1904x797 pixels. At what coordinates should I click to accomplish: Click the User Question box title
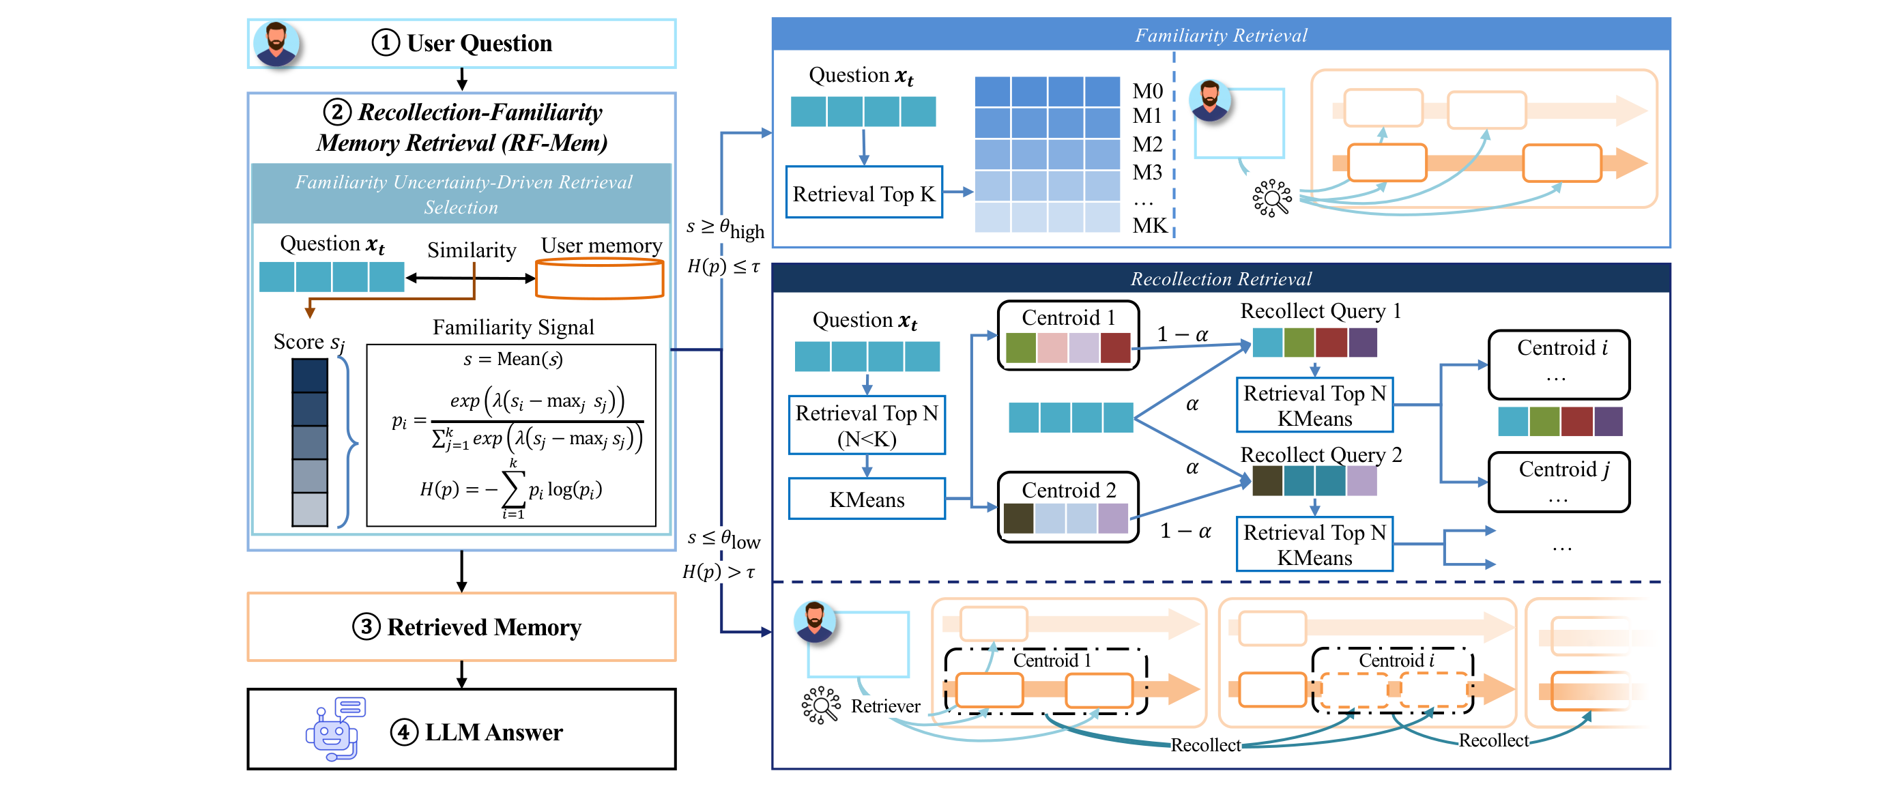pyautogui.click(x=479, y=43)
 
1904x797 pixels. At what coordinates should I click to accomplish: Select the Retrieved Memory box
pyautogui.click(x=461, y=626)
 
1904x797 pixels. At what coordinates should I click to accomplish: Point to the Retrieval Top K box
pyautogui.click(x=863, y=193)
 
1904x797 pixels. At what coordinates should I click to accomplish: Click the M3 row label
pyautogui.click(x=1147, y=172)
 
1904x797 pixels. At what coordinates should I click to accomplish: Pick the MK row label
pyautogui.click(x=1149, y=225)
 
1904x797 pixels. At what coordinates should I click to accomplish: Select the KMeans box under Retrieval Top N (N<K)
pyautogui.click(x=866, y=499)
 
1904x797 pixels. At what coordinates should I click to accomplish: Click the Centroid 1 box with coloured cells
pyautogui.click(x=1067, y=335)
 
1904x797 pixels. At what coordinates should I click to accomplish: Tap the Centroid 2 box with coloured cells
pyautogui.click(x=1067, y=507)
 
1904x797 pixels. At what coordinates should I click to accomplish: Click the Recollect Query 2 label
pyautogui.click(x=1320, y=454)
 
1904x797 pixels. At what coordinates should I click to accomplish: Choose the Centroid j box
pyautogui.click(x=1558, y=481)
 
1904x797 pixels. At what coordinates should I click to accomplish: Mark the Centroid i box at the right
pyautogui.click(x=1558, y=364)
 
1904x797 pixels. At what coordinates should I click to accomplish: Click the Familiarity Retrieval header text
pyautogui.click(x=1220, y=35)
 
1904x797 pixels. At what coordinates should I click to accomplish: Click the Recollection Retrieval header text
pyautogui.click(x=1220, y=278)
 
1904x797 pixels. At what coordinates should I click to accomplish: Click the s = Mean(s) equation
pyautogui.click(x=513, y=360)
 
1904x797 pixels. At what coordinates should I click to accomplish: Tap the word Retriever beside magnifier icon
pyautogui.click(x=884, y=706)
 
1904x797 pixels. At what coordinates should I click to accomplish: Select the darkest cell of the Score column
pyautogui.click(x=309, y=375)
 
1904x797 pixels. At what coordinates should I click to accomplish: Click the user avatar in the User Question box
pyautogui.click(x=276, y=43)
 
